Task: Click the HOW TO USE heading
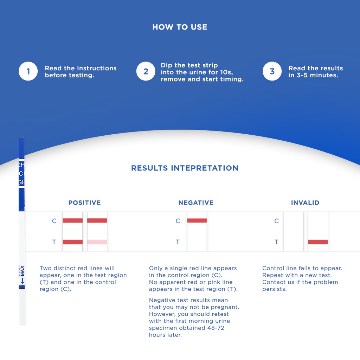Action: click(180, 27)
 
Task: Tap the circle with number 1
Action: click(28, 71)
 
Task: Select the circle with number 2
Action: click(146, 71)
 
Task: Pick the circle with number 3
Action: click(272, 71)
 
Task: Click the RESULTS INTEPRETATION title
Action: click(185, 168)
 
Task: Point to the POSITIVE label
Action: click(84, 202)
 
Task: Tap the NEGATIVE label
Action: click(196, 202)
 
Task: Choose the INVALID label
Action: click(305, 202)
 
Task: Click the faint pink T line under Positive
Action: click(97, 242)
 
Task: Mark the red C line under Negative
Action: click(197, 221)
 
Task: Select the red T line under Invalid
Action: click(318, 242)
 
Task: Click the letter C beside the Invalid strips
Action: click(276, 221)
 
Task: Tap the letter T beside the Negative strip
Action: click(178, 242)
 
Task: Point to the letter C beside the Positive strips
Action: click(54, 221)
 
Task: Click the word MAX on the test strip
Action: click(22, 271)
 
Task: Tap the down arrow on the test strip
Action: click(22, 281)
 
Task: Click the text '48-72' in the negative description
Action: click(216, 328)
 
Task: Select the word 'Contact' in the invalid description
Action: click(273, 282)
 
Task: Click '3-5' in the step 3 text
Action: click(302, 75)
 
